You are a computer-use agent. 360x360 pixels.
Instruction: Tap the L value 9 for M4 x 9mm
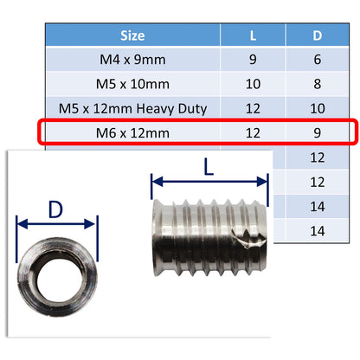pyautogui.click(x=253, y=61)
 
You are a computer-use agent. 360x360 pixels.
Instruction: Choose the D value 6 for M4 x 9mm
pyautogui.click(x=317, y=61)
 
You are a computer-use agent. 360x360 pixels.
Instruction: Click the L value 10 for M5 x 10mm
pyautogui.click(x=253, y=84)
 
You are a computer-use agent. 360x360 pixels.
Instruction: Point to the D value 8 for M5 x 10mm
pyautogui.click(x=317, y=84)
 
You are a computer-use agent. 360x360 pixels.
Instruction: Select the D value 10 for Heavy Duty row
pyautogui.click(x=317, y=108)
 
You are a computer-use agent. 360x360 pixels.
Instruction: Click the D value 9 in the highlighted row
pyautogui.click(x=317, y=132)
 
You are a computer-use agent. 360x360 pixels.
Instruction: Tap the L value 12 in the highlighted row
pyautogui.click(x=253, y=132)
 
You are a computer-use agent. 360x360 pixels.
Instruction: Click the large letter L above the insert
pyautogui.click(x=209, y=166)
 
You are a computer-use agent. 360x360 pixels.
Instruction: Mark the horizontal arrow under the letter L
pyautogui.click(x=209, y=183)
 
